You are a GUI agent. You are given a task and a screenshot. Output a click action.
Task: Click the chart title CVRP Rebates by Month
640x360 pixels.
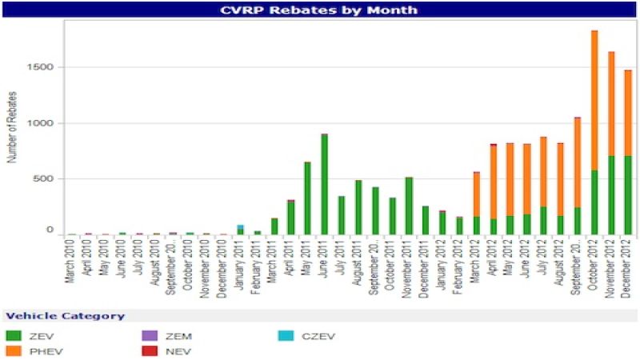320,10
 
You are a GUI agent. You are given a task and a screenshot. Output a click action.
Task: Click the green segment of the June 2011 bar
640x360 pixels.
324,184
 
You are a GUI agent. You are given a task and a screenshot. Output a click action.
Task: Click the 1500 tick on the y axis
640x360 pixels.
43,67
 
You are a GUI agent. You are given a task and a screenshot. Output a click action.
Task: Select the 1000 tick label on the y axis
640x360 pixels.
43,123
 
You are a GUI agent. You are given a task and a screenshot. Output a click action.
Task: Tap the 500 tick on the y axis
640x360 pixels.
46,178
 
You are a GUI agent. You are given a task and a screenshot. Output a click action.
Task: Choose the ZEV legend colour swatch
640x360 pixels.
13,335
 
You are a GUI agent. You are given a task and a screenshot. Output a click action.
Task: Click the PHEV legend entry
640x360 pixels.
40,350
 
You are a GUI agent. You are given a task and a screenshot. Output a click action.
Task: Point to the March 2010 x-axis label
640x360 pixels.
73,260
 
